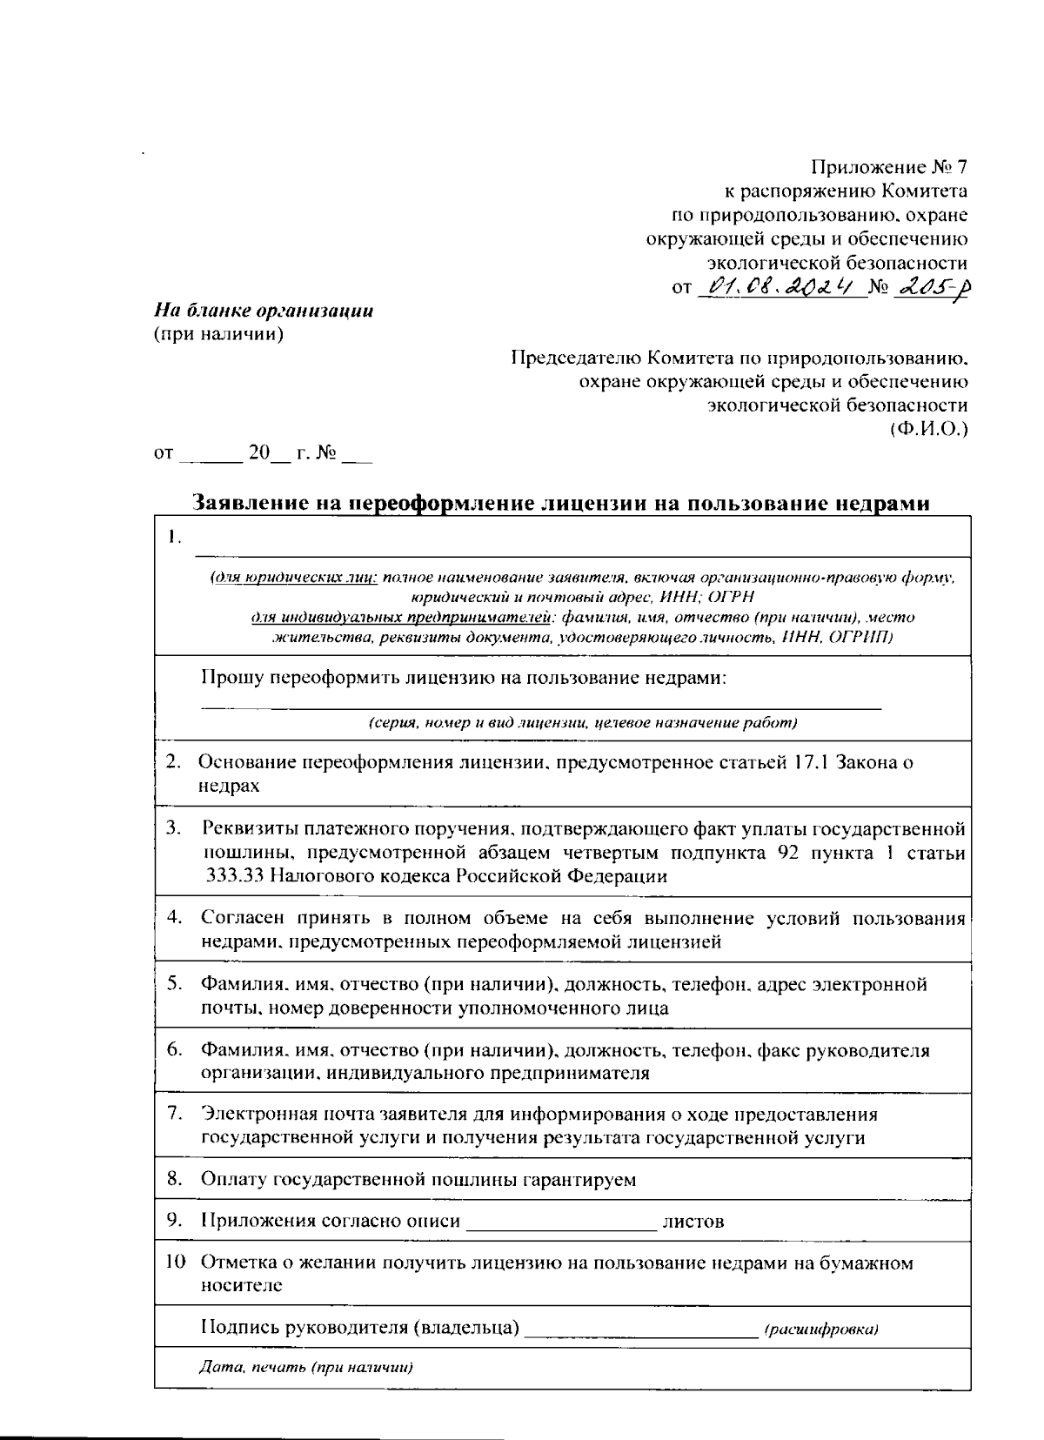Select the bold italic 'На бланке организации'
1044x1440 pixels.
(x=264, y=311)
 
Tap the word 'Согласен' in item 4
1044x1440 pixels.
(x=240, y=918)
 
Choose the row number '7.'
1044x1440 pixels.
(x=174, y=1113)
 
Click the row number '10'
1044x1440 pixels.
(x=176, y=1263)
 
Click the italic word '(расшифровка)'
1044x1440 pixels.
(x=821, y=1329)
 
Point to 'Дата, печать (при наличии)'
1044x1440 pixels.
(x=305, y=1366)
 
